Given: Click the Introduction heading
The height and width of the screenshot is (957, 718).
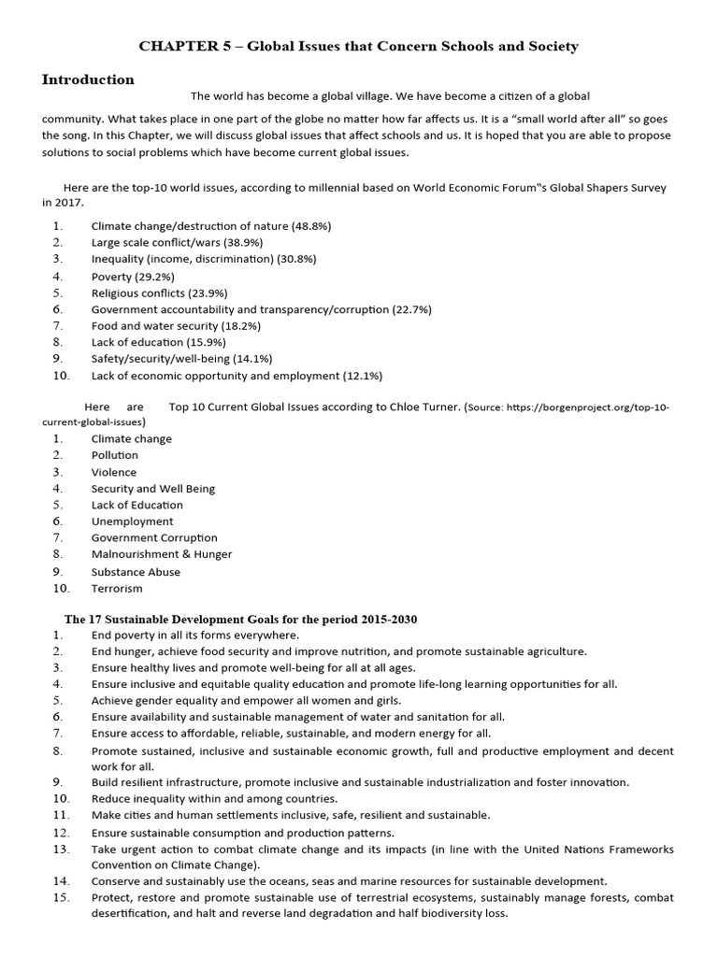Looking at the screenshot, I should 88,80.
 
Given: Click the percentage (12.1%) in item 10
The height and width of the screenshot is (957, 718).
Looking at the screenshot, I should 363,376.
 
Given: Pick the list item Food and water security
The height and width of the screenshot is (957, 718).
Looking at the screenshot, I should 176,326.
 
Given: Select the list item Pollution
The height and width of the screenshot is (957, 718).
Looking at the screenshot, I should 114,455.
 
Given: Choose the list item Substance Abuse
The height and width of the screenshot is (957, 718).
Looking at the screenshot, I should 136,572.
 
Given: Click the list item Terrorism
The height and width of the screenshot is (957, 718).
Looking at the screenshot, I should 117,589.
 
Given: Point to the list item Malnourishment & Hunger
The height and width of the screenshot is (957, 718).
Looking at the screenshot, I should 161,554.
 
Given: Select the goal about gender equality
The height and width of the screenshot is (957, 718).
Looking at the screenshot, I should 246,700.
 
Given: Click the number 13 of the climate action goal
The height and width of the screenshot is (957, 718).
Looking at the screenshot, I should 62,849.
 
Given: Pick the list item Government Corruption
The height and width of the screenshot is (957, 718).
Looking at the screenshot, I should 154,537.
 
